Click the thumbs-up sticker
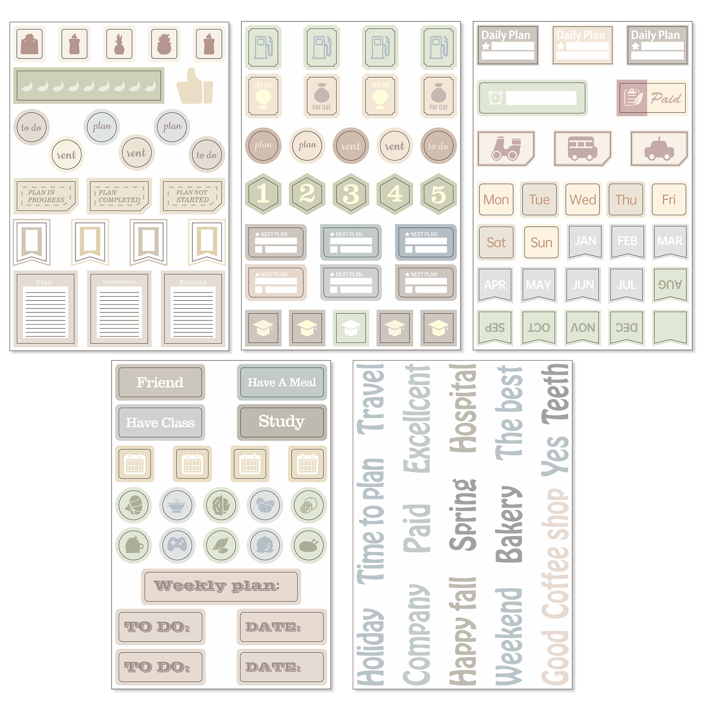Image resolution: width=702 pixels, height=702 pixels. click(194, 86)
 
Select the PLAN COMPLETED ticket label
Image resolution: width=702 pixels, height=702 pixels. click(119, 196)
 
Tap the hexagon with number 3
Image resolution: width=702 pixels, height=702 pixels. click(351, 194)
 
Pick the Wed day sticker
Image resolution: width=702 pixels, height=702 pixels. click(582, 200)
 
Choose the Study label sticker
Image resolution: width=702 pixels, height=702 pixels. click(282, 422)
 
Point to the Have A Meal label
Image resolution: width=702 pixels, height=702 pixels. click(282, 382)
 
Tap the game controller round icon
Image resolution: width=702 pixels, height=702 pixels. click(177, 545)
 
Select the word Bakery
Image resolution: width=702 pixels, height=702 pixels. click(509, 524)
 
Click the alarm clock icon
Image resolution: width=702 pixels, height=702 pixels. click(495, 98)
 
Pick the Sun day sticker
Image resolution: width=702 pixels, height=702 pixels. click(541, 242)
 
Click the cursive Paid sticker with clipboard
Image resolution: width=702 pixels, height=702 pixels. click(652, 98)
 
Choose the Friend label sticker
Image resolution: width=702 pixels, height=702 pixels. click(160, 382)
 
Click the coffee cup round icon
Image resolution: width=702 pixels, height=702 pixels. click(134, 545)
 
